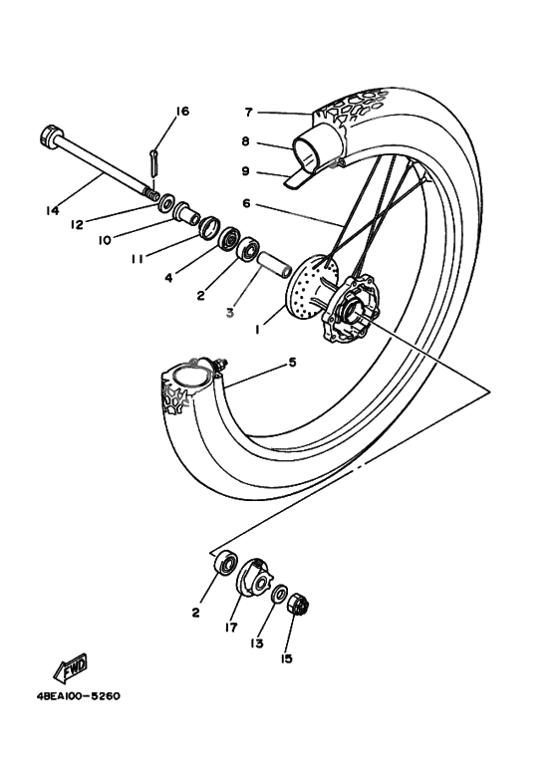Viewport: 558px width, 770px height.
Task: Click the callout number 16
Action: click(181, 112)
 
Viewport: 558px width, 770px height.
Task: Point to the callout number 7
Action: click(249, 112)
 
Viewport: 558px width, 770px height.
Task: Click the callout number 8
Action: click(246, 142)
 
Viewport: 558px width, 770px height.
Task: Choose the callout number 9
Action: click(246, 171)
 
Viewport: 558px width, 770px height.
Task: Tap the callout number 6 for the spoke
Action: click(246, 204)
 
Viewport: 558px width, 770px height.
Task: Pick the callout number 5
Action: click(292, 363)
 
